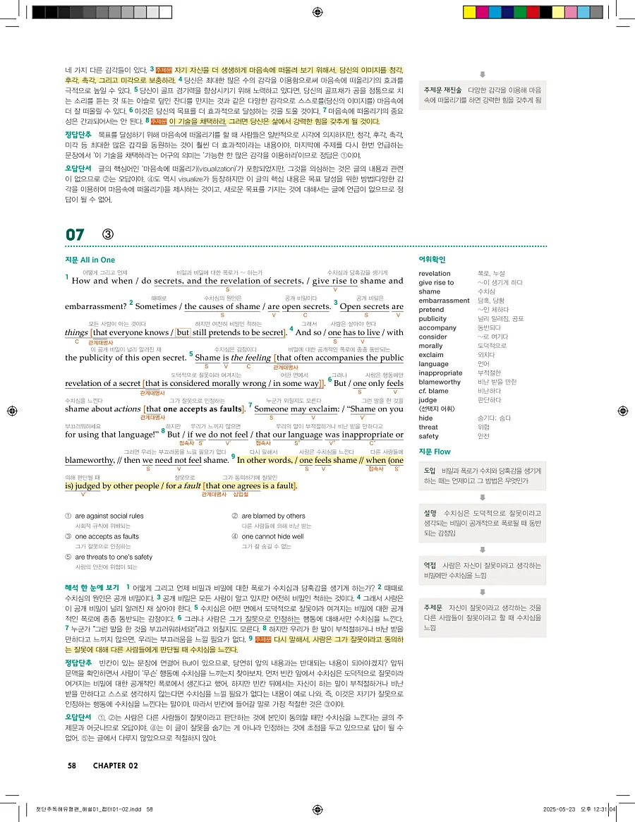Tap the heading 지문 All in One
(90, 260)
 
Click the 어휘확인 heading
(432, 260)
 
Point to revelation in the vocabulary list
(434, 273)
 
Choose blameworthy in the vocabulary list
(439, 382)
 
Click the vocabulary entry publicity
(433, 318)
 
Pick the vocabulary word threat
(428, 427)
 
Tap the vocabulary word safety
(429, 436)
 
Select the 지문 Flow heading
(435, 451)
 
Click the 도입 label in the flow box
(430, 470)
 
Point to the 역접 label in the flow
(430, 566)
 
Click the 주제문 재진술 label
(442, 90)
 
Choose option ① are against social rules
(109, 516)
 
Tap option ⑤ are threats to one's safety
(114, 557)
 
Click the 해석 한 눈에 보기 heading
(92, 587)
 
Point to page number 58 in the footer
(72, 766)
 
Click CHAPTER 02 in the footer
(115, 766)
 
